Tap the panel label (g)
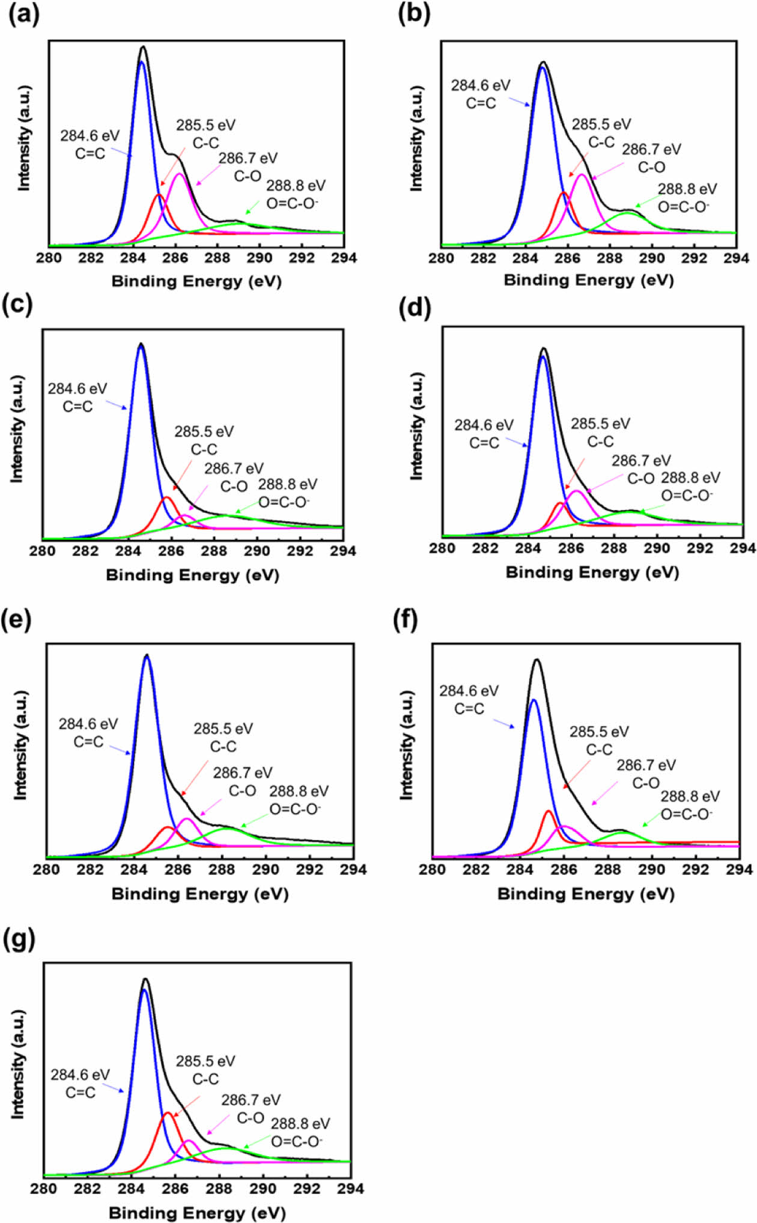pos(19,939)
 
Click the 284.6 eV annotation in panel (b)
pos(481,85)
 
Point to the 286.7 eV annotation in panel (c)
pos(234,468)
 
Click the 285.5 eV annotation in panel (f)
pos(599,732)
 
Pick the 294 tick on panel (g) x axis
pos(351,1189)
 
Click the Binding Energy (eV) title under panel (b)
pos(588,280)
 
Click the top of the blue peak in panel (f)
pos(534,700)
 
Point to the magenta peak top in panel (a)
pos(179,174)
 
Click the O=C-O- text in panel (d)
pos(687,495)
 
